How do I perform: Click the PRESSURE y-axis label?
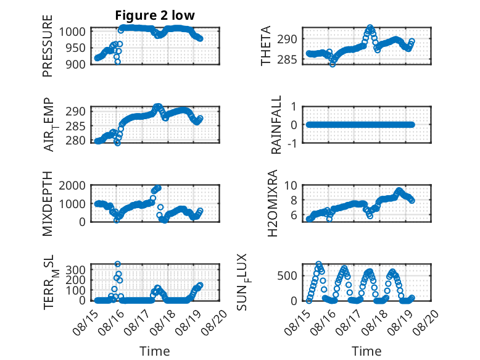click(48, 50)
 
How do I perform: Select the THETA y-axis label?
click(266, 46)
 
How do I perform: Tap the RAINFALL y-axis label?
click(277, 125)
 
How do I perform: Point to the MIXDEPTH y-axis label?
click(48, 204)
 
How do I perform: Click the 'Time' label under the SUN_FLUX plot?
click(366, 351)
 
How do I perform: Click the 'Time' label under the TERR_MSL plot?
click(155, 351)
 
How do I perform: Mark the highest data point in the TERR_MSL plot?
click(117, 264)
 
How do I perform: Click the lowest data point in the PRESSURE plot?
click(117, 62)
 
